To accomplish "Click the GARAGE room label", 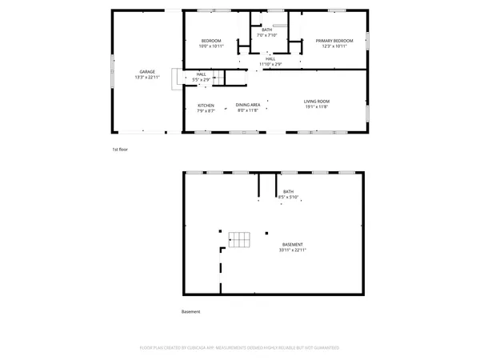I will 146,71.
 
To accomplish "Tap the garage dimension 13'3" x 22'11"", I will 146,76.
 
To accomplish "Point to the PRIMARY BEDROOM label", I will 334,41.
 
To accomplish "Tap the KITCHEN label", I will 206,106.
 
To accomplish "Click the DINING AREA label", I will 248,106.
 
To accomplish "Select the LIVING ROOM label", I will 317,101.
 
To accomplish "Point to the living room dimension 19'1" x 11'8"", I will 317,106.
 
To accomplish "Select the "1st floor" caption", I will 120,149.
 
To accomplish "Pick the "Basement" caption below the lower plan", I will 191,311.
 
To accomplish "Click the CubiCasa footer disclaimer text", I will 239,348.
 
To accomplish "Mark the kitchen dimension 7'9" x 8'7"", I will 206,110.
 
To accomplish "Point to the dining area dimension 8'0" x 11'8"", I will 248,110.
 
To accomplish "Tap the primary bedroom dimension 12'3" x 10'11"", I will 334,46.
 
